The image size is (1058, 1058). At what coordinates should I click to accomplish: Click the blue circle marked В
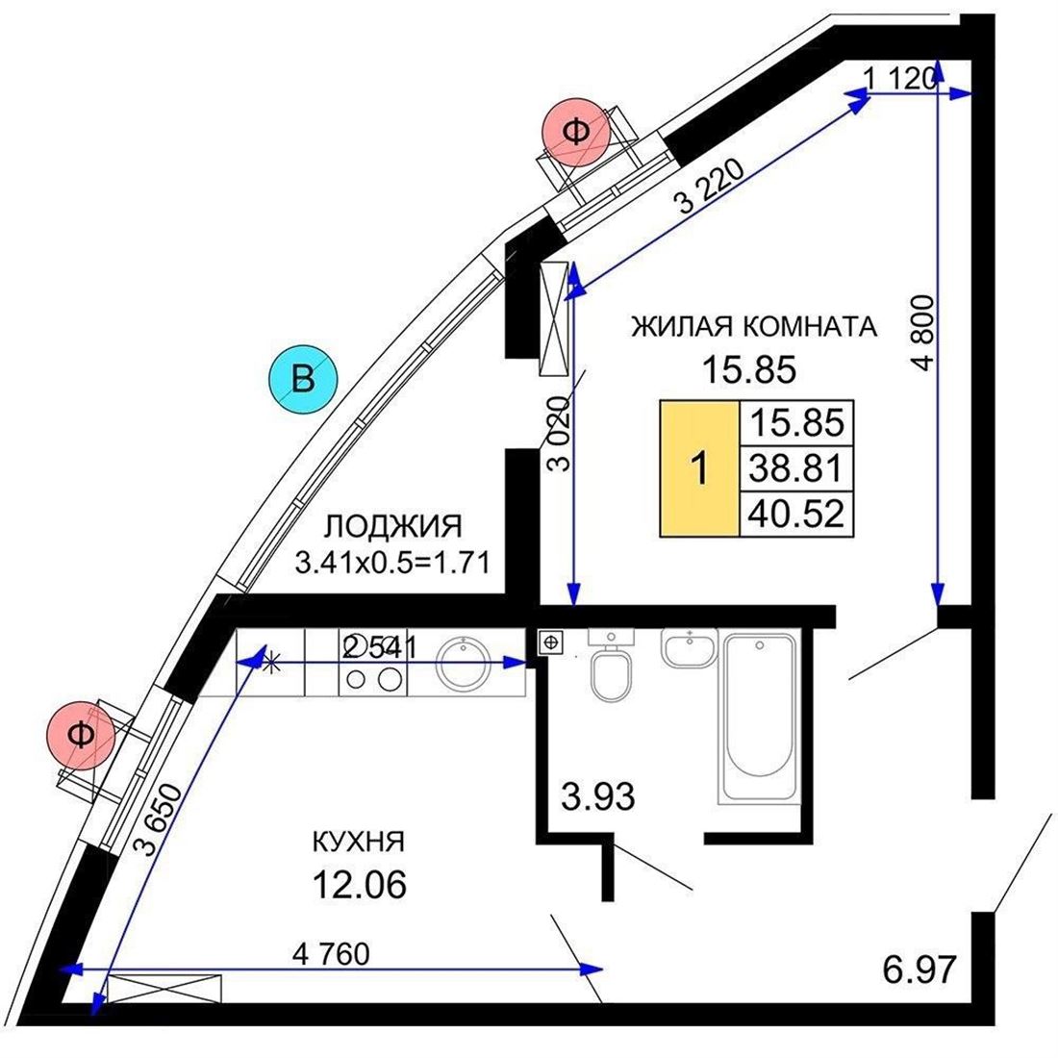click(x=303, y=379)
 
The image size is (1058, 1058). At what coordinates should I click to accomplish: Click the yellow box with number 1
click(x=699, y=468)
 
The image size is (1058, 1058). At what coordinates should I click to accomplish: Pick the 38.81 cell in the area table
click(x=796, y=468)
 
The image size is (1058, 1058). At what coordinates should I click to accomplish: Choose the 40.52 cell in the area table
click(x=796, y=514)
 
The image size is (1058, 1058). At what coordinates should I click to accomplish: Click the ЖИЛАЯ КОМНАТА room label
click(x=754, y=327)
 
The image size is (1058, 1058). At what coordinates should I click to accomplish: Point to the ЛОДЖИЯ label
click(x=392, y=526)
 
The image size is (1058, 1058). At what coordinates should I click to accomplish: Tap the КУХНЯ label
click(x=359, y=842)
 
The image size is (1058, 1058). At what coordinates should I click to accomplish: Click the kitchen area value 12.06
click(x=359, y=884)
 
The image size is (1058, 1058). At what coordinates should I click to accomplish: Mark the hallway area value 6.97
click(x=919, y=970)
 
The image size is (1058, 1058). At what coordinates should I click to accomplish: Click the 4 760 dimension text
click(x=331, y=954)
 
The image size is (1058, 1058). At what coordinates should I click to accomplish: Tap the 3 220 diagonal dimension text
click(x=710, y=186)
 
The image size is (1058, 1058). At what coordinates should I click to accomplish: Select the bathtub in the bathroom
click(x=759, y=718)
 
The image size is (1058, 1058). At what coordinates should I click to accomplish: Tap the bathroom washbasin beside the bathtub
click(x=690, y=646)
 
